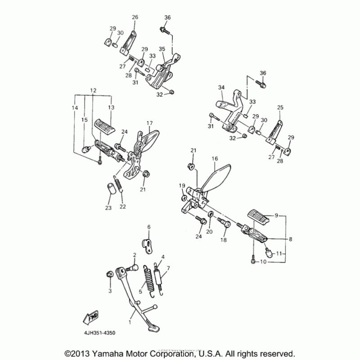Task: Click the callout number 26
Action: click(135, 17)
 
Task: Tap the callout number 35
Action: click(162, 49)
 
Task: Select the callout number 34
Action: click(221, 87)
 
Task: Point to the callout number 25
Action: click(280, 108)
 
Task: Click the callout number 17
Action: click(149, 123)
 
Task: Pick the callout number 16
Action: click(214, 158)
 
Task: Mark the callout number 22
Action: click(122, 207)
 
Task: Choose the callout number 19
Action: click(182, 185)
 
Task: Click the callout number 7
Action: click(168, 270)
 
